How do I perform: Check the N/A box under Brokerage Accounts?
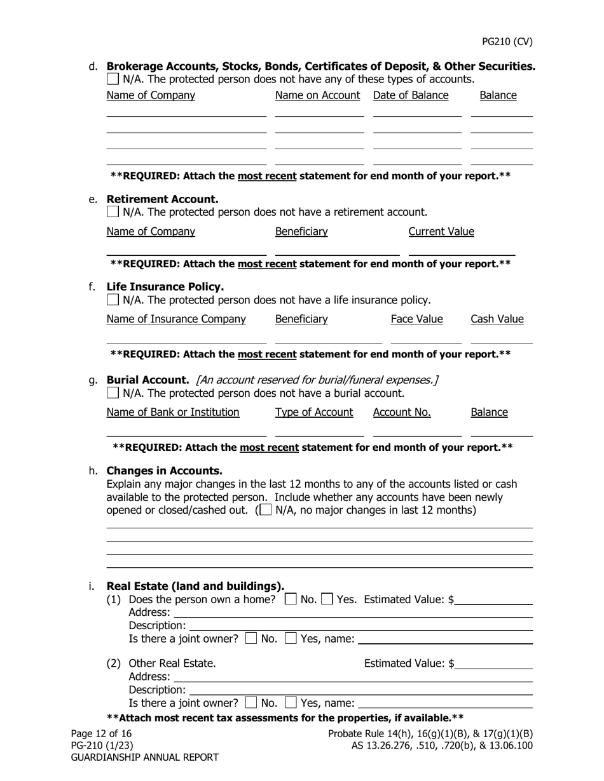[113, 79]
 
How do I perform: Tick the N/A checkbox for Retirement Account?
[113, 211]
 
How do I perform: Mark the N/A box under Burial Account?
[113, 393]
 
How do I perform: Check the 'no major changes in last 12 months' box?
[266, 510]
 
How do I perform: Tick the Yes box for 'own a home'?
[327, 599]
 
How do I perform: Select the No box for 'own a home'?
[291, 599]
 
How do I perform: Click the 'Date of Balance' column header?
[411, 95]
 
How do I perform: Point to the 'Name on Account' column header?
[317, 95]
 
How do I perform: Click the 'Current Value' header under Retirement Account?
[441, 231]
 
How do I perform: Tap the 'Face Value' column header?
[416, 319]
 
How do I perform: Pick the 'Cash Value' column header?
[497, 319]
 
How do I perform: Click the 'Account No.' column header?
[402, 412]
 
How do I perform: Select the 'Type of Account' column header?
[313, 412]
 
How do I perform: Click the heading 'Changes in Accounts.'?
[164, 471]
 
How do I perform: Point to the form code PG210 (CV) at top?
[507, 42]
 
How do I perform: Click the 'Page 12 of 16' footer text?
[101, 733]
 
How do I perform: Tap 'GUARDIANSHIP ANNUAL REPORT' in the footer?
[144, 757]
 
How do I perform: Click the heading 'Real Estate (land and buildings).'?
[195, 585]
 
